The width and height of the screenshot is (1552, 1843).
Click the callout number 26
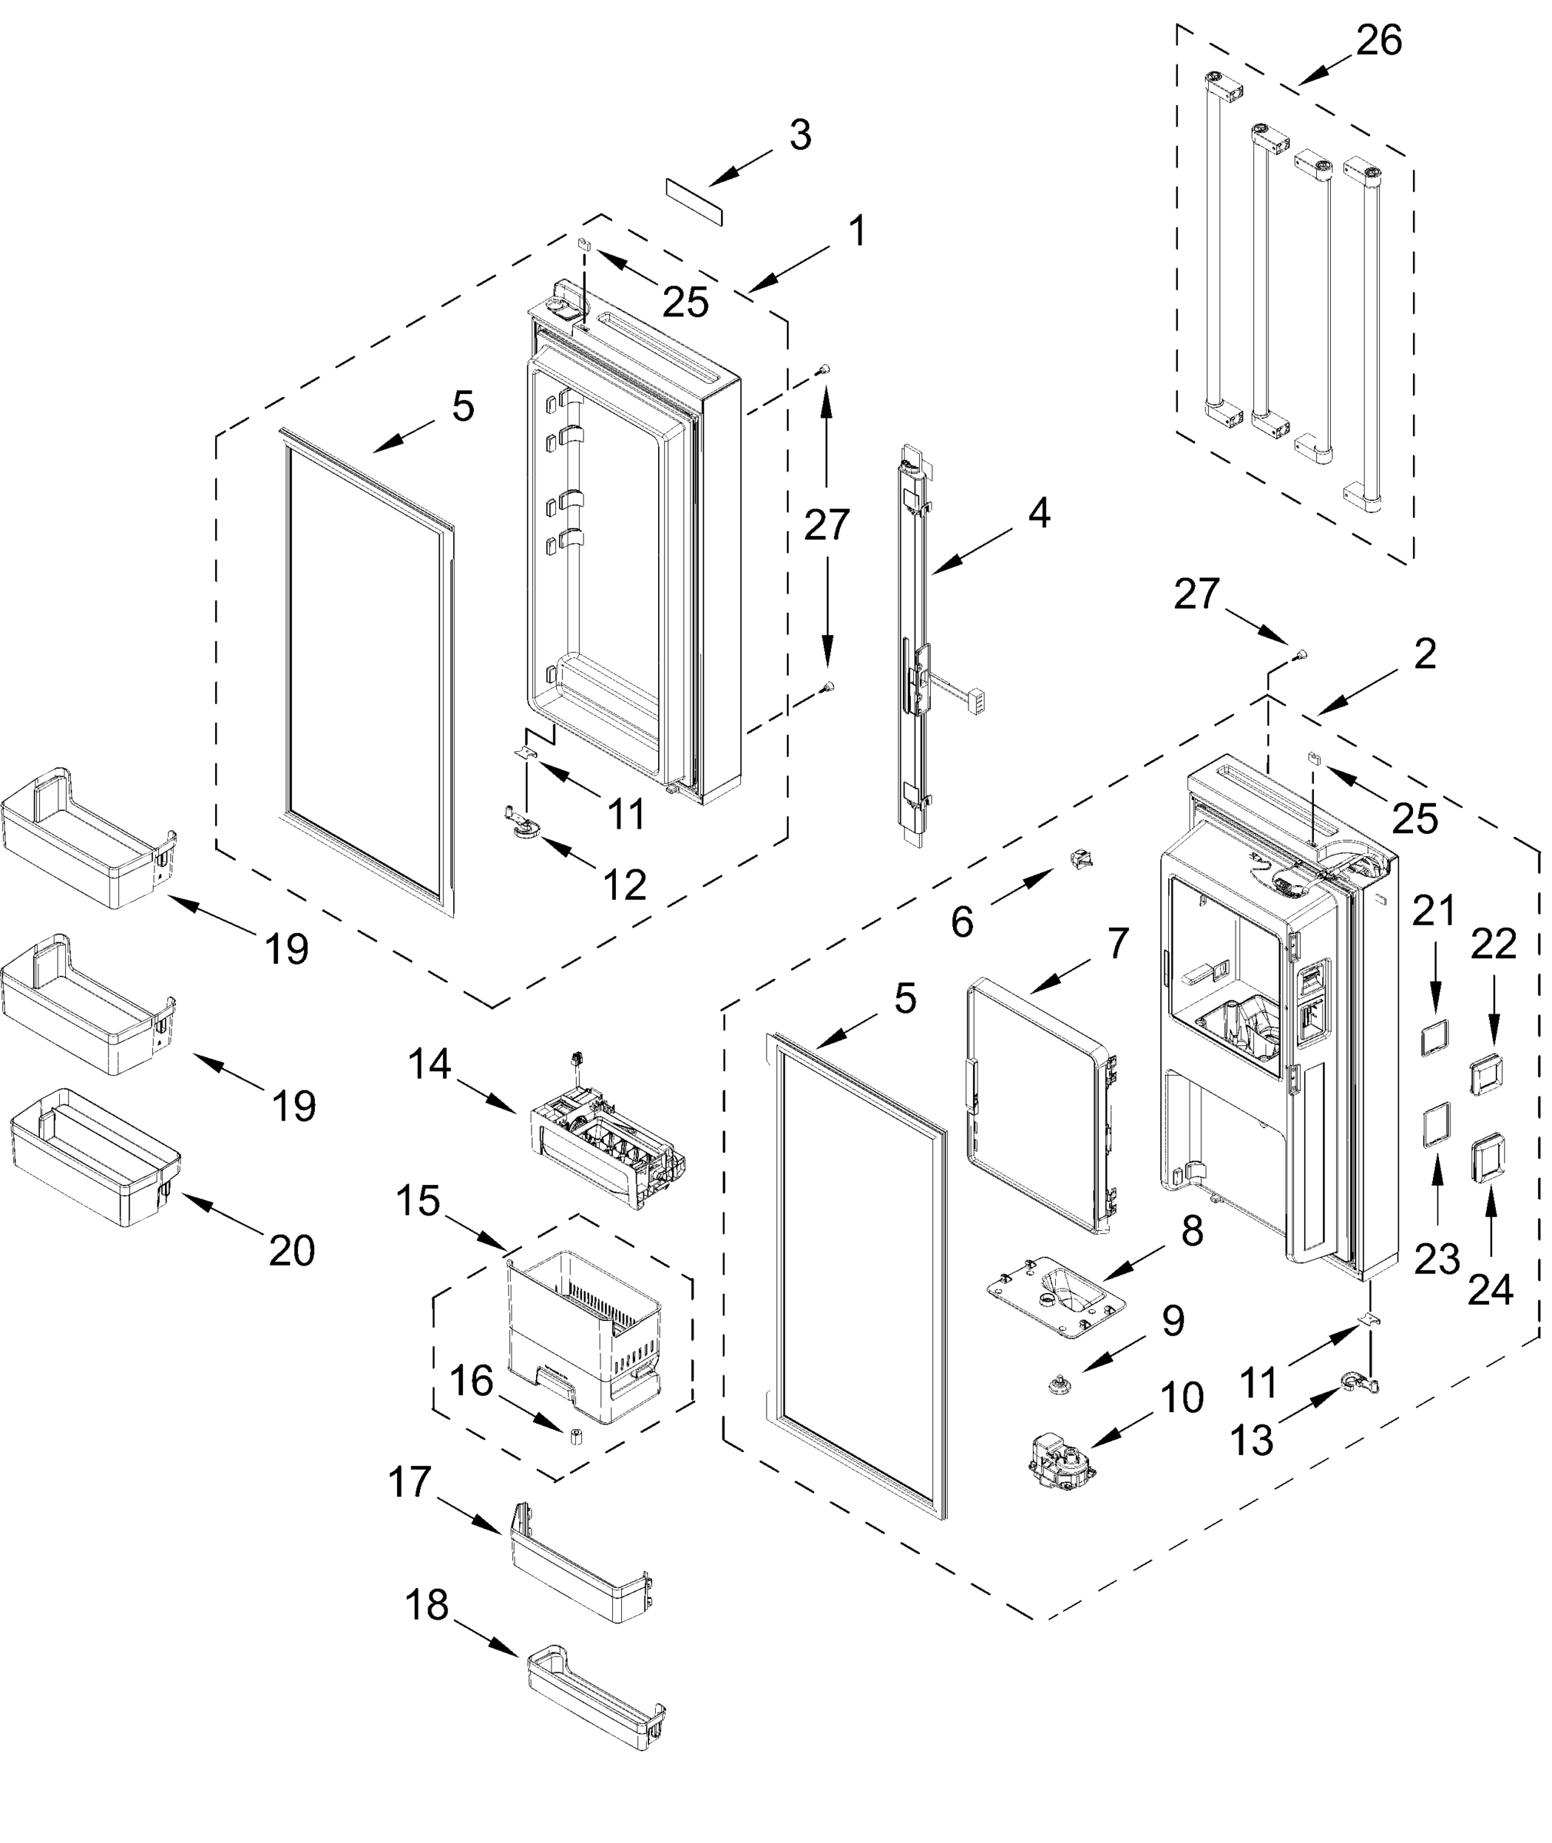(1378, 41)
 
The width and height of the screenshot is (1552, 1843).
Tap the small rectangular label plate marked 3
(694, 200)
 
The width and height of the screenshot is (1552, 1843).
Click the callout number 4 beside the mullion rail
(1039, 513)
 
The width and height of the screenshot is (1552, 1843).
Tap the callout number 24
(1491, 1289)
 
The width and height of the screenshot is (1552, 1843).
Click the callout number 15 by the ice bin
(417, 1201)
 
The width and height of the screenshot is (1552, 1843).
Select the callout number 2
(1425, 653)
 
